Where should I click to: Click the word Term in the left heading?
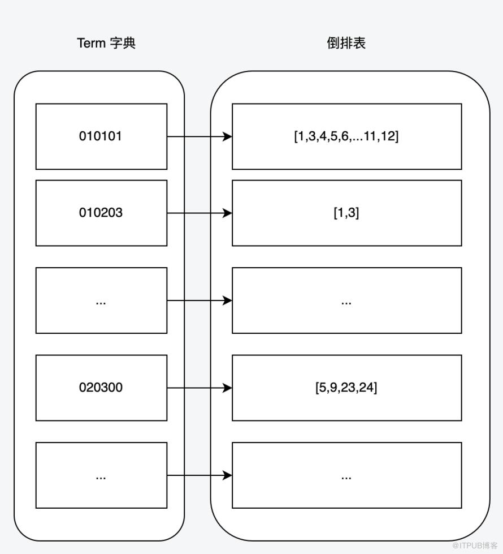tap(91, 43)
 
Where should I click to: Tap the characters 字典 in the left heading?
tap(123, 43)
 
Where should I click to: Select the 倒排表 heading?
tap(346, 43)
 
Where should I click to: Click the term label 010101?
tap(100, 136)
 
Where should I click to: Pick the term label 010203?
tap(101, 213)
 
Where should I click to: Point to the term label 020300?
tap(101, 388)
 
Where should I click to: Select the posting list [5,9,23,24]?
tap(346, 388)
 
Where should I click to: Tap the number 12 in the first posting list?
tap(389, 136)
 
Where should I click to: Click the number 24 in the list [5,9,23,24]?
tap(367, 388)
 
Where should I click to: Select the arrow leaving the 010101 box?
tap(200, 136)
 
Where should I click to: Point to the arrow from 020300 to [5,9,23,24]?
tap(200, 388)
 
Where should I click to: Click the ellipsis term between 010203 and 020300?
tap(101, 303)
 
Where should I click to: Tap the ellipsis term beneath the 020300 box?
tap(101, 478)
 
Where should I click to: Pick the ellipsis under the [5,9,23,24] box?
tap(346, 478)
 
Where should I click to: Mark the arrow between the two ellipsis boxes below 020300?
tap(200, 475)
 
